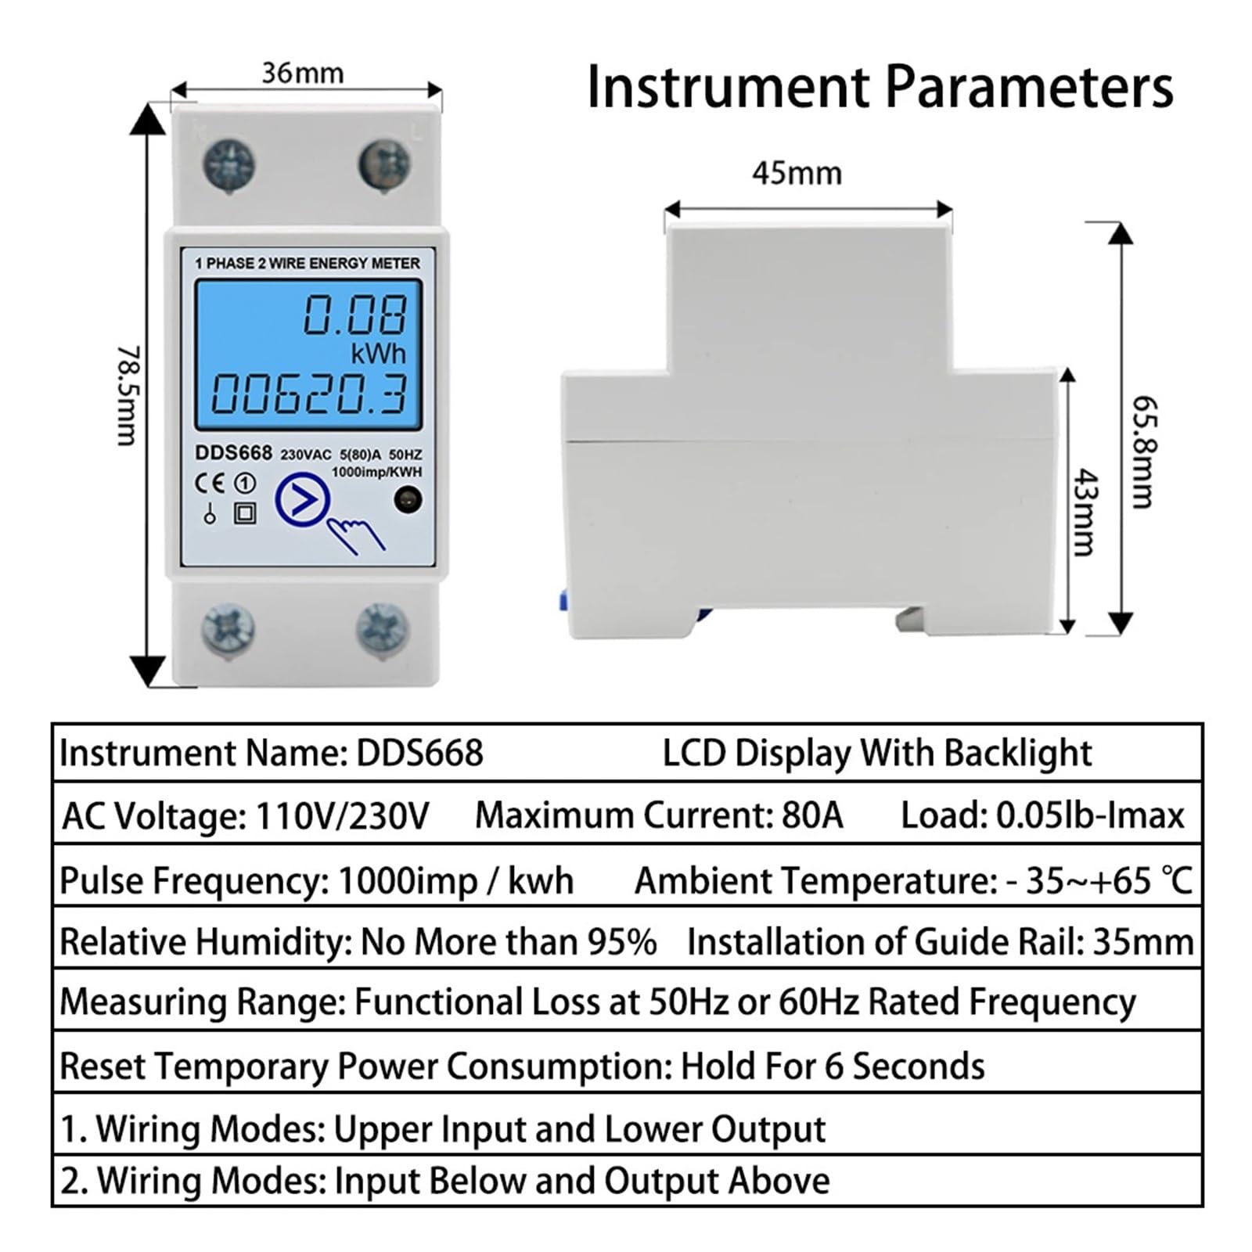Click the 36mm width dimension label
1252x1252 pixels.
[x=303, y=73]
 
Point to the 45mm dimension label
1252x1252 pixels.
[x=797, y=173]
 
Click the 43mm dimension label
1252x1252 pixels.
[x=1085, y=513]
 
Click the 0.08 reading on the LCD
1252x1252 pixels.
[x=355, y=315]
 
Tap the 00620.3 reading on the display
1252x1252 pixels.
[x=310, y=394]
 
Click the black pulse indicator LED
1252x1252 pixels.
[x=408, y=499]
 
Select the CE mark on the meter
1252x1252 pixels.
[x=209, y=483]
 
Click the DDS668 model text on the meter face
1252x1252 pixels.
[x=233, y=453]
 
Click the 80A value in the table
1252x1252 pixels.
[x=812, y=815]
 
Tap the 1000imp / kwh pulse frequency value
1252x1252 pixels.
[x=455, y=881]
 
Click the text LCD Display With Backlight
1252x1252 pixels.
[x=877, y=754]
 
